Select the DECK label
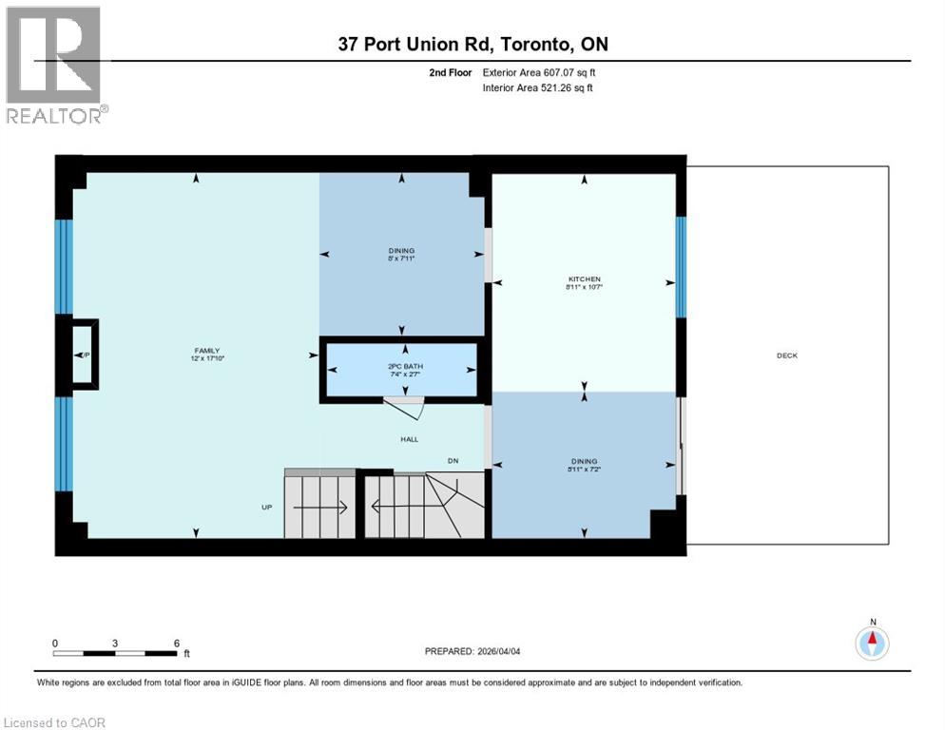point(786,355)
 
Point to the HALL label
point(409,439)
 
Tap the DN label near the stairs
point(455,462)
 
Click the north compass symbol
point(871,643)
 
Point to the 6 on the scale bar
point(176,643)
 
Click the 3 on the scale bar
point(115,643)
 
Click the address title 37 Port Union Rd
point(472,44)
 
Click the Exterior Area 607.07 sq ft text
point(539,72)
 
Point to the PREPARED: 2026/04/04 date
point(472,651)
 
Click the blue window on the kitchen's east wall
point(681,266)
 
